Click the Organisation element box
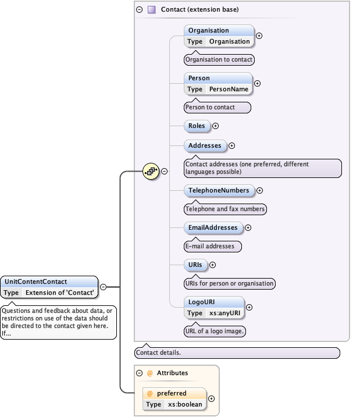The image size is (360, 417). pyautogui.click(x=219, y=35)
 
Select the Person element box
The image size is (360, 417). pyautogui.click(x=218, y=83)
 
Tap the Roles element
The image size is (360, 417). pyautogui.click(x=197, y=125)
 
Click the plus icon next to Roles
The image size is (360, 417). pyautogui.click(x=215, y=125)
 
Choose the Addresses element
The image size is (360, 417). pyautogui.click(x=205, y=145)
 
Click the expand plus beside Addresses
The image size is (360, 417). pyautogui.click(x=231, y=145)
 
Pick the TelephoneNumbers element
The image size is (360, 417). pyautogui.click(x=219, y=190)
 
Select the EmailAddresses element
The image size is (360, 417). pyautogui.click(x=213, y=227)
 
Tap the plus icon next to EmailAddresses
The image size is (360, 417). pyautogui.click(x=248, y=227)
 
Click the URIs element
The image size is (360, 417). pyautogui.click(x=195, y=265)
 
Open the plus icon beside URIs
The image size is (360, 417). pyautogui.click(x=212, y=265)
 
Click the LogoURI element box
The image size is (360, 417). pyautogui.click(x=215, y=307)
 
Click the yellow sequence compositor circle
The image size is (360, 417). pyautogui.click(x=151, y=171)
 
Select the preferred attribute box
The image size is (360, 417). pyautogui.click(x=174, y=398)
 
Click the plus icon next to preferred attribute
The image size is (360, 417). pyautogui.click(x=211, y=398)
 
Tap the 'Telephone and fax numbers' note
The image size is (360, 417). pyautogui.click(x=225, y=209)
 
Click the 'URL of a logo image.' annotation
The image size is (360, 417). pyautogui.click(x=215, y=331)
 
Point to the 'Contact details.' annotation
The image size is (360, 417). pyautogui.click(x=237, y=352)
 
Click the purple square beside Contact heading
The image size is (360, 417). pyautogui.click(x=152, y=9)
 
